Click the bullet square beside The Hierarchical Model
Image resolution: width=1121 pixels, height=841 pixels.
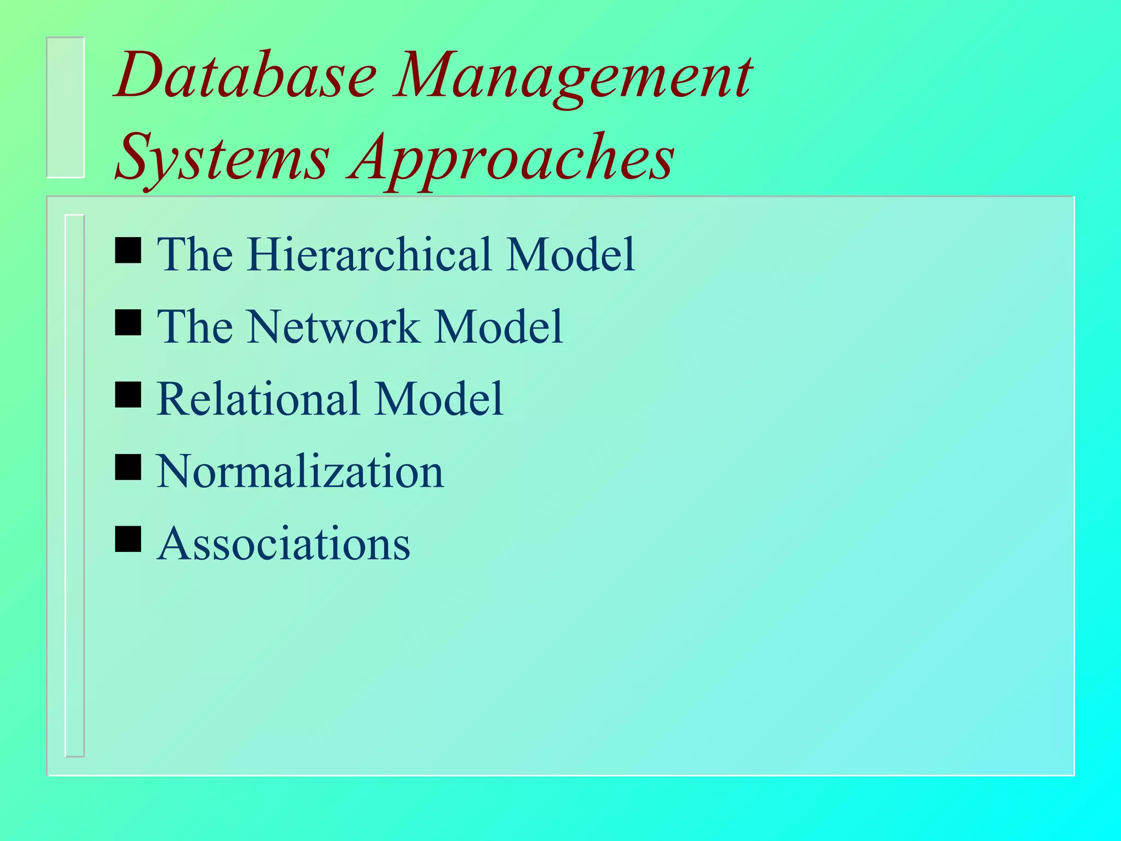(x=128, y=250)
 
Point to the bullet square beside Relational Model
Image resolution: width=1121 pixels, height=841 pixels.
(x=128, y=395)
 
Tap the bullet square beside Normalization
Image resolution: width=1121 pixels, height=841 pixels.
(x=128, y=467)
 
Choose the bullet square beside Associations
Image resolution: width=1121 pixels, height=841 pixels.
(x=128, y=539)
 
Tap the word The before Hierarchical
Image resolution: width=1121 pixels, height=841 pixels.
(x=195, y=254)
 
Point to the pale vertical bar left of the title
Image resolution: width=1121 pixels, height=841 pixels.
(x=66, y=107)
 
